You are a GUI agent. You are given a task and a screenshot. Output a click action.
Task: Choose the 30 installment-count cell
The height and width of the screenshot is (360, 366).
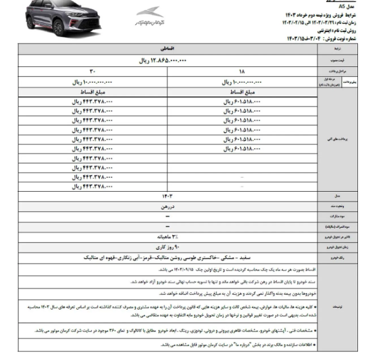pos(92,72)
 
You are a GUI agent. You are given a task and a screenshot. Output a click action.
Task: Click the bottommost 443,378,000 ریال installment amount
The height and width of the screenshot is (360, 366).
pos(92,186)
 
